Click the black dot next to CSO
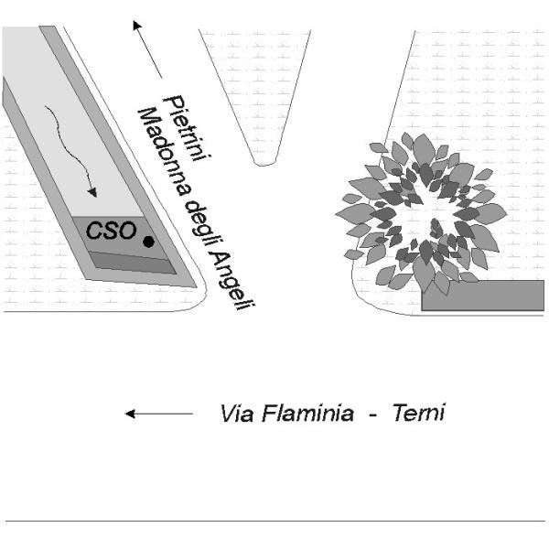pyautogui.click(x=148, y=242)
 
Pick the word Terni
pyautogui.click(x=417, y=413)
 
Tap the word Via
pyautogui.click(x=236, y=414)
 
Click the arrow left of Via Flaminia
pyautogui.click(x=157, y=414)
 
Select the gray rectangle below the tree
pyautogui.click(x=482, y=295)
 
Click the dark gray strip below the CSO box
pyautogui.click(x=132, y=264)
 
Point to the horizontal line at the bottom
pyautogui.click(x=274, y=522)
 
